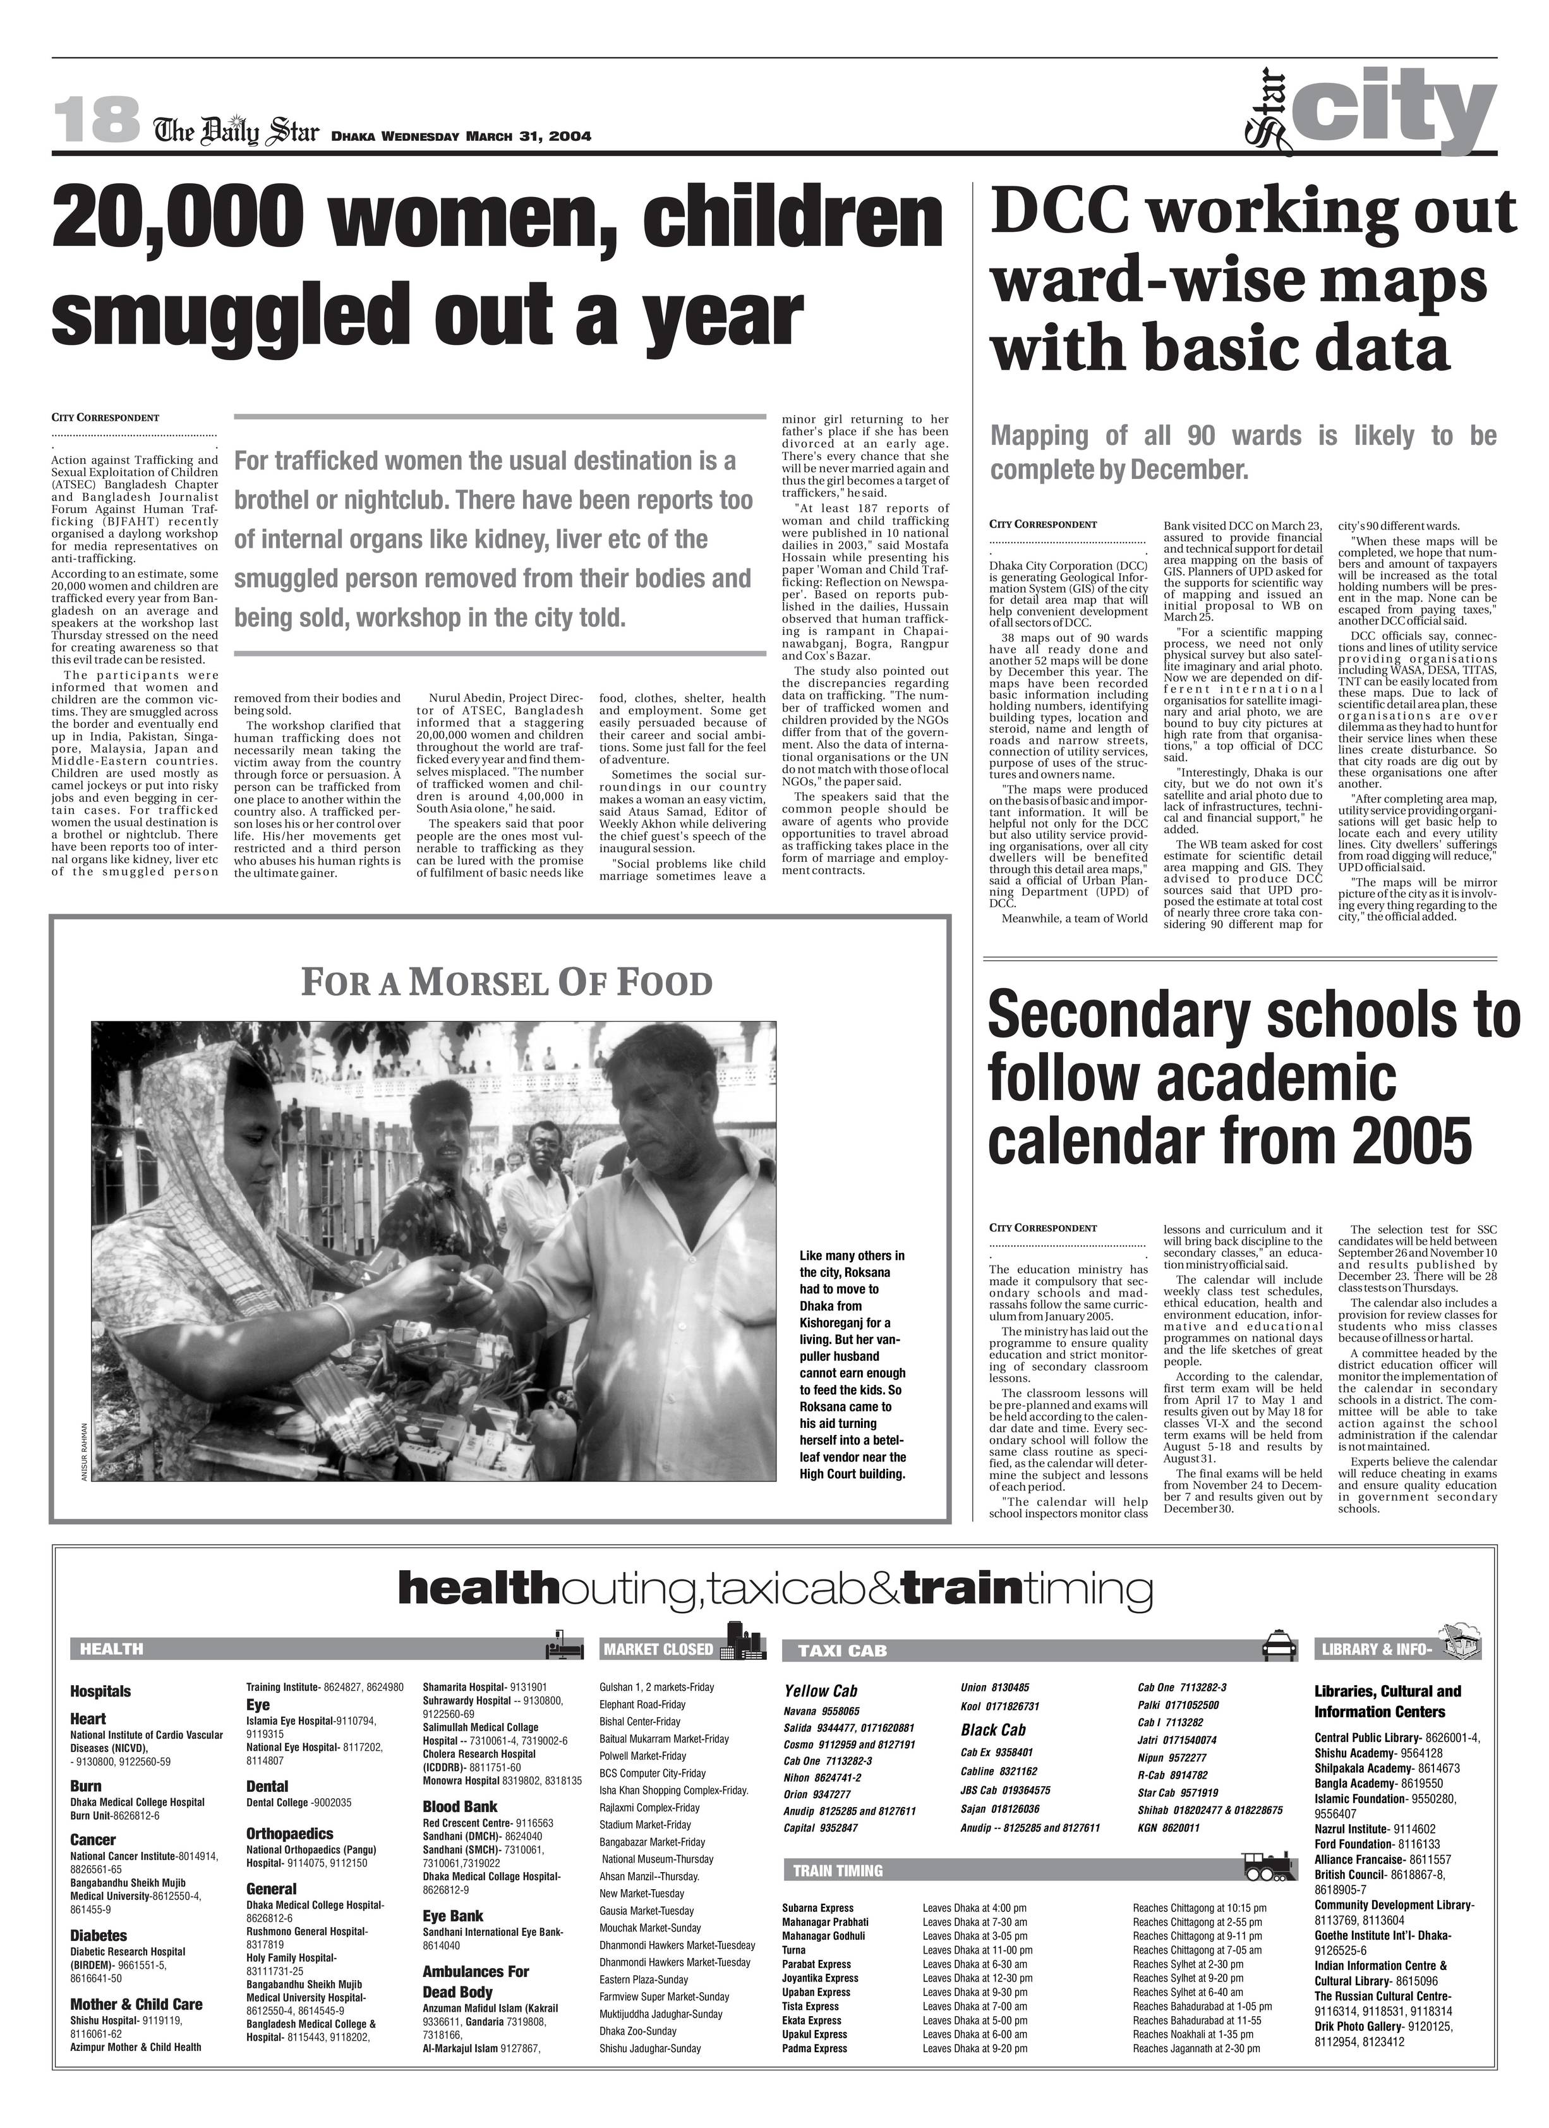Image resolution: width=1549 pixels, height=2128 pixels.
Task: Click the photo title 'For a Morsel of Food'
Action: [507, 983]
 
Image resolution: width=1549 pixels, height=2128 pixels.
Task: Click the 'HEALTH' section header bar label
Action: [112, 1648]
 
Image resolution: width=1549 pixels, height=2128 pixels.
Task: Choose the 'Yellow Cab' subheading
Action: [820, 1691]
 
